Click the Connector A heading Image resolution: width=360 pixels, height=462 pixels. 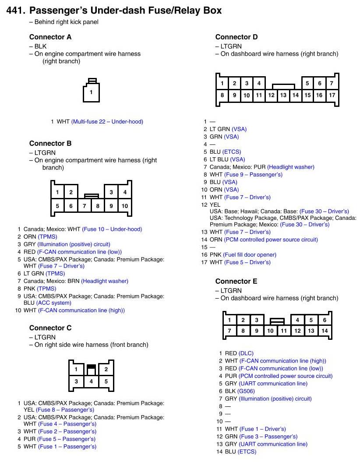[x=50, y=37]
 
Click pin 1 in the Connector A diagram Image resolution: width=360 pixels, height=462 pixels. [x=91, y=92]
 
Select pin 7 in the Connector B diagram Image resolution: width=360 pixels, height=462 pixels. [x=84, y=206]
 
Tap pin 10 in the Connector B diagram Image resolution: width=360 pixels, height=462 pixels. [x=125, y=206]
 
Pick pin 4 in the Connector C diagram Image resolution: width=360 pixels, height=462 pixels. [x=91, y=381]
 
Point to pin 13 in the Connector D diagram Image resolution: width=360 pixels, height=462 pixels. [x=283, y=95]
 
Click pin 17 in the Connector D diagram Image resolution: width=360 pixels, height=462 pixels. [x=332, y=95]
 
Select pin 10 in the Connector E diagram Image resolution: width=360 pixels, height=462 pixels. [x=270, y=331]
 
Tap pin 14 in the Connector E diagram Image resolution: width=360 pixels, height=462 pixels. [x=325, y=331]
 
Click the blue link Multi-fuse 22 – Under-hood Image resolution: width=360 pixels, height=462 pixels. [x=107, y=121]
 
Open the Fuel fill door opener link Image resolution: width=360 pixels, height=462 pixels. [x=250, y=255]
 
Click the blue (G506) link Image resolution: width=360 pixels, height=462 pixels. [x=247, y=391]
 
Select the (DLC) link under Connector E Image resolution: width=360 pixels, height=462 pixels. [x=246, y=353]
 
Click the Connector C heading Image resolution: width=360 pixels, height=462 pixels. [x=50, y=328]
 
